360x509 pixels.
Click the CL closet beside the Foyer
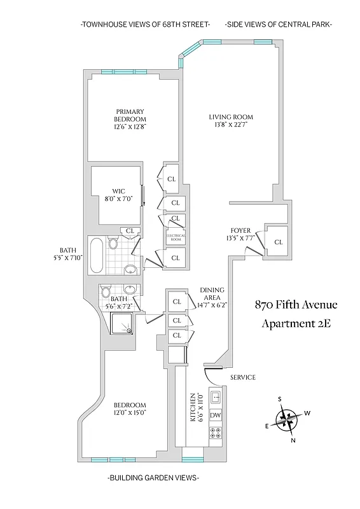[x=278, y=242]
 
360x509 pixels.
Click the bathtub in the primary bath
[x=97, y=255]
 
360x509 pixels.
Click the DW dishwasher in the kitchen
[x=215, y=415]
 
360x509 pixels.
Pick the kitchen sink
[x=215, y=398]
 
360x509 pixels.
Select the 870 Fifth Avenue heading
[x=296, y=304]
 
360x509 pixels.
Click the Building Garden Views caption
[x=153, y=477]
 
